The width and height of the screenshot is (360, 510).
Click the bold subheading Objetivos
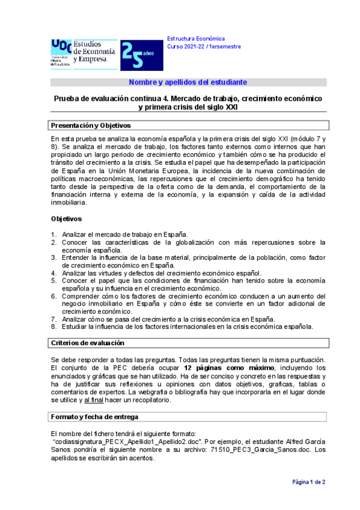pyautogui.click(x=67, y=218)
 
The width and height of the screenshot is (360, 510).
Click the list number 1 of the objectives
pyautogui.click(x=53, y=235)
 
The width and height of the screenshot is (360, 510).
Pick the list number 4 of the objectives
pyautogui.click(x=53, y=272)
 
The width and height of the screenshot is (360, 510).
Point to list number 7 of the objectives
pyautogui.click(x=53, y=319)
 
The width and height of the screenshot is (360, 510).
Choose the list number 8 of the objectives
pyautogui.click(x=53, y=327)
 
